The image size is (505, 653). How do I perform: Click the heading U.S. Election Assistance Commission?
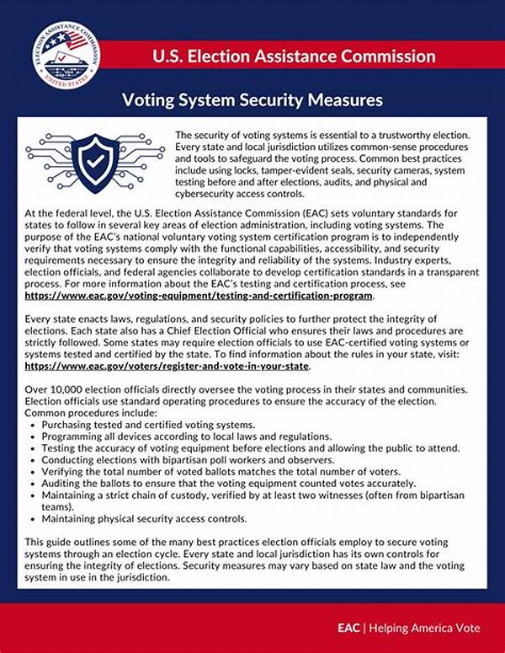pos(294,56)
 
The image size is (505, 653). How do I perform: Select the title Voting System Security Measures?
pos(252,100)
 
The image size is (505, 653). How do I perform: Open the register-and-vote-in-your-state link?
pos(167,367)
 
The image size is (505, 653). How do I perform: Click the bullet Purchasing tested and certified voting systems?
pos(146,426)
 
